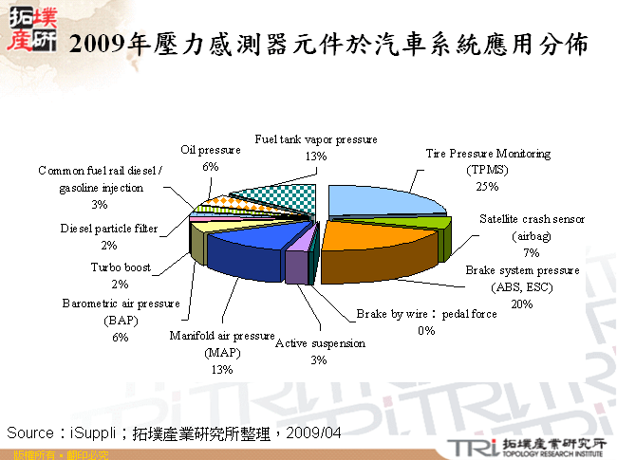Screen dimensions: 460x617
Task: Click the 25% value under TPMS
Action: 487,187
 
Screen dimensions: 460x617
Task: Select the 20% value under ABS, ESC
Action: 521,304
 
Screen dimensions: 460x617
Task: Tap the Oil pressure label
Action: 211,150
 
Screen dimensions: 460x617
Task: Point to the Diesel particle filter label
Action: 108,229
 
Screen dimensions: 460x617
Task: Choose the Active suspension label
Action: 320,342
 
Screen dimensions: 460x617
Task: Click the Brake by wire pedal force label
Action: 426,314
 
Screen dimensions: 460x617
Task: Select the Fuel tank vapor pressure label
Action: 316,139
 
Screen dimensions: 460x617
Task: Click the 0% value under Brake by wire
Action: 426,331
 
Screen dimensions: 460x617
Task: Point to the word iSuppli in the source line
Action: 96,432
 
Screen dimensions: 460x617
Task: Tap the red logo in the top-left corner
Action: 32,27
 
